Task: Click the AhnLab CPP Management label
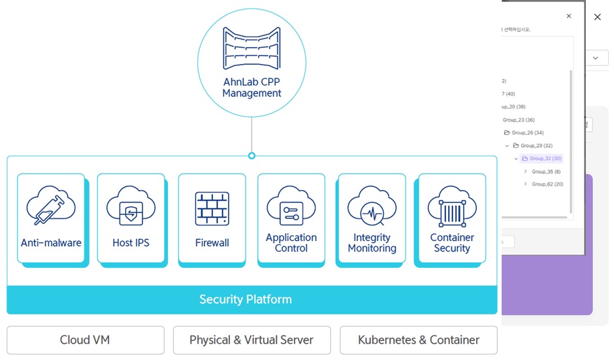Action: [251, 88]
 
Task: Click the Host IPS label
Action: [131, 243]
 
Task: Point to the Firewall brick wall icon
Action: [212, 208]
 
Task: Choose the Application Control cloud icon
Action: [291, 207]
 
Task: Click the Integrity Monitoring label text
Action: [372, 243]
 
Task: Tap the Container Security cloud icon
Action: [451, 207]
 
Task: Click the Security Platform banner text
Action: [246, 300]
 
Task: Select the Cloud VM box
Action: [85, 340]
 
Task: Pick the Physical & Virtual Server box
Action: [251, 340]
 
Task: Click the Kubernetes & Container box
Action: [419, 340]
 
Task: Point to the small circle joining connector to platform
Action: [251, 155]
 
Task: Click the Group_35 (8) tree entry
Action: [546, 172]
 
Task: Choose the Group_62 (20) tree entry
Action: [547, 184]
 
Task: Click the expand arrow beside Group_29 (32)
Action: [508, 146]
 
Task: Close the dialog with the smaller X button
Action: [568, 16]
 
